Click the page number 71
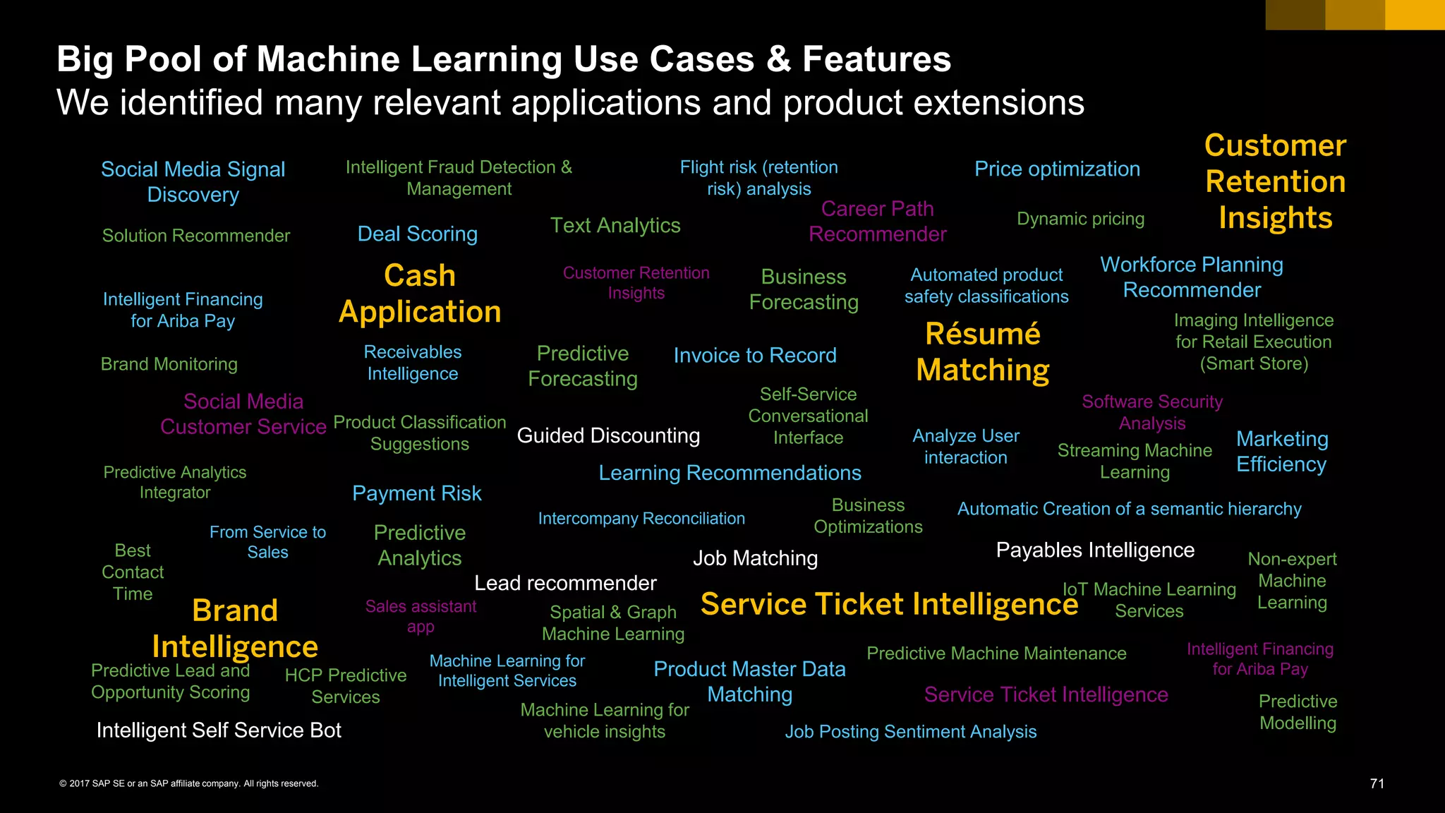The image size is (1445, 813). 1377,783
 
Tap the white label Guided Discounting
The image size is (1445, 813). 608,435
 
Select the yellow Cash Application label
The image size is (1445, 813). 420,294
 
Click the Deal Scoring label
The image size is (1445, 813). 418,234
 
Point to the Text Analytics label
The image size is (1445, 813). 615,225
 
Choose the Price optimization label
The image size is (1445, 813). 1057,169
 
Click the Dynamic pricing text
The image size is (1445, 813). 1080,219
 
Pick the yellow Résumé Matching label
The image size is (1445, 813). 983,351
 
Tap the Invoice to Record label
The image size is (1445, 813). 755,355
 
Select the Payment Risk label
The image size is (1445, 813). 417,493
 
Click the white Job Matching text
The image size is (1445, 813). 755,558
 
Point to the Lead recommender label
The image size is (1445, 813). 565,583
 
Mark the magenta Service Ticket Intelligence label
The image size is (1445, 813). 1046,694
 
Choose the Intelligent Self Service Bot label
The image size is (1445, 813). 219,730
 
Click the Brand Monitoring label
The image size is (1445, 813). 169,364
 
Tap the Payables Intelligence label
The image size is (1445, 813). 1095,550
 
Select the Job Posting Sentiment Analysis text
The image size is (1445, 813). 911,732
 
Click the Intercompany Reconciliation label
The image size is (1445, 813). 641,519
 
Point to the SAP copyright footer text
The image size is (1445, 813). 189,783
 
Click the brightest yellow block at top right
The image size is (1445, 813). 1415,15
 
